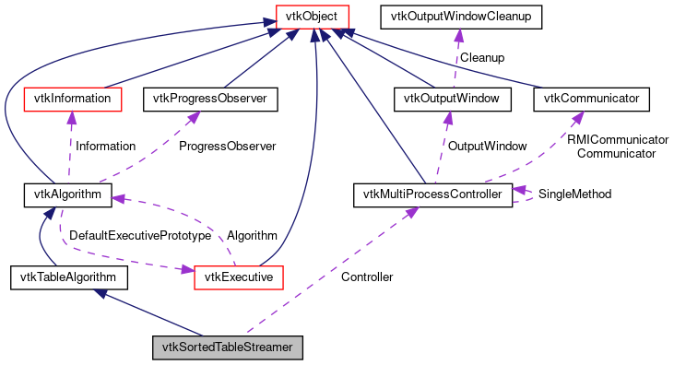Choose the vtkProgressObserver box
coord(210,97)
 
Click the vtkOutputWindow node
coord(447,97)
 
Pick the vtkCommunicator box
coord(592,97)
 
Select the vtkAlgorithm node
coord(67,194)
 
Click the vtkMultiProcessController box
coord(432,194)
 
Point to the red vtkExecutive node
coord(238,276)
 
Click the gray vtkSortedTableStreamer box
coord(227,347)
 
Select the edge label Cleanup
coord(481,57)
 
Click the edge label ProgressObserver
coord(227,146)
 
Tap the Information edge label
coord(105,146)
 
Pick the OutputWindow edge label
coord(487,146)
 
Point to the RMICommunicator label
coord(617,139)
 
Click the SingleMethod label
coord(574,194)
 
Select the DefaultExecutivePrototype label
coord(140,236)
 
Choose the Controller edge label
coord(366,277)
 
